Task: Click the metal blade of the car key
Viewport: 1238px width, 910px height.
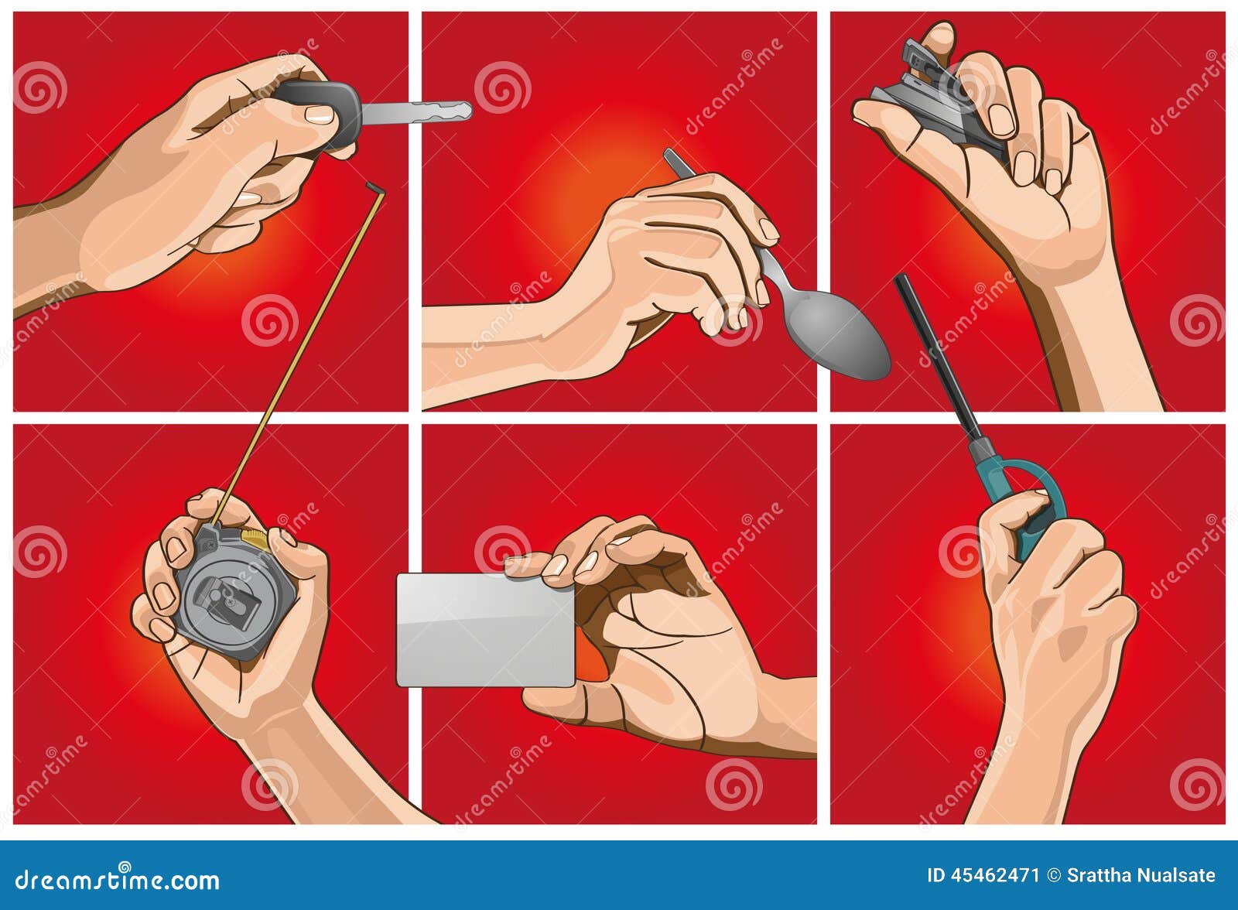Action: pos(418,113)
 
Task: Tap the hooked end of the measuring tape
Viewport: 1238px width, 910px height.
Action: pos(375,187)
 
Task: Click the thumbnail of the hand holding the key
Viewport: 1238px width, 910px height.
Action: pos(319,115)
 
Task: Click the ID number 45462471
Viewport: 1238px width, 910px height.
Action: pos(983,875)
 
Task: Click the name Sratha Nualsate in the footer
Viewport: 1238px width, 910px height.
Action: pos(1141,875)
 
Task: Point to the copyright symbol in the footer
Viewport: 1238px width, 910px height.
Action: pos(1053,875)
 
